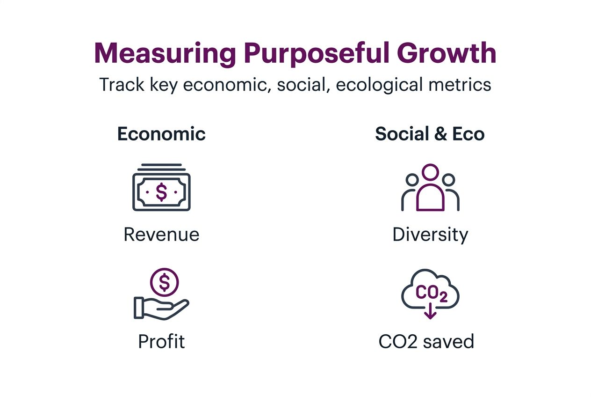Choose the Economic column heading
point(161,134)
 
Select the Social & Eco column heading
point(430,134)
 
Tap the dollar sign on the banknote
point(161,191)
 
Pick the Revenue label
point(161,234)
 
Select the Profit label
point(161,341)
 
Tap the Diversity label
point(430,234)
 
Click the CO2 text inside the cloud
point(431,293)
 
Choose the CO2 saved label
point(426,341)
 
